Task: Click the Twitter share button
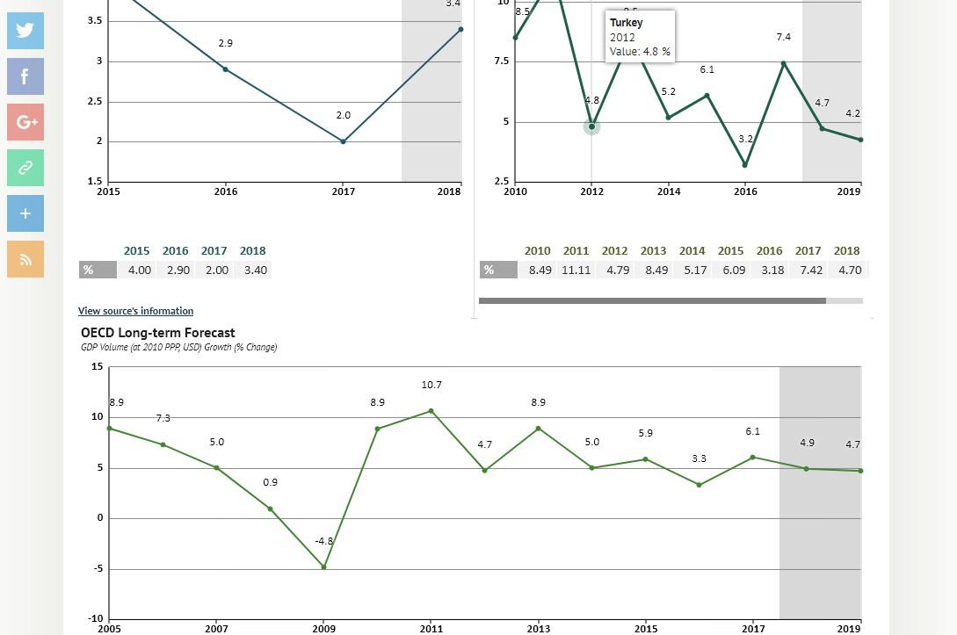[x=25, y=31]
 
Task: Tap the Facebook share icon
[x=25, y=76]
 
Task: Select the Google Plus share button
[x=25, y=122]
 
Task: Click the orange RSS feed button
[x=25, y=259]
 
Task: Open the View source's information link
[x=135, y=311]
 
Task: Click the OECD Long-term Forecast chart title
[x=158, y=333]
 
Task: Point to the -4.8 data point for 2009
[x=324, y=566]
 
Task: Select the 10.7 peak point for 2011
[x=431, y=411]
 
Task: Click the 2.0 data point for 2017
[x=344, y=141]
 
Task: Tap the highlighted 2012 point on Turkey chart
[x=592, y=126]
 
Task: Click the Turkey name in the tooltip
[x=626, y=23]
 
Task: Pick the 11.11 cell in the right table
[x=576, y=271]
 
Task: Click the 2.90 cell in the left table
[x=178, y=271]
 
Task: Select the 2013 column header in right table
[x=653, y=251]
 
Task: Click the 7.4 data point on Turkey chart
[x=784, y=63]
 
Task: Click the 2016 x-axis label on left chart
[x=226, y=191]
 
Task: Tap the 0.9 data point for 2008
[x=271, y=509]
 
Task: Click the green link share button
[x=25, y=168]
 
